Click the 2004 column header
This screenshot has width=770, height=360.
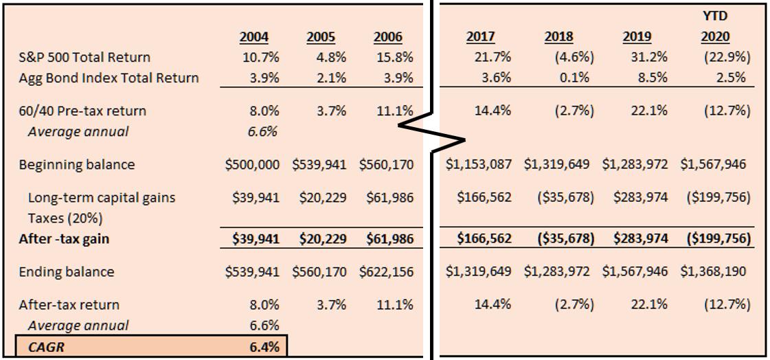pyautogui.click(x=254, y=37)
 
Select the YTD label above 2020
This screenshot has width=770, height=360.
pyautogui.click(x=716, y=15)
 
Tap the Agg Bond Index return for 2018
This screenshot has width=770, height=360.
pyautogui.click(x=574, y=78)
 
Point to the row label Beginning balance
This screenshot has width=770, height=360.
pyautogui.click(x=77, y=165)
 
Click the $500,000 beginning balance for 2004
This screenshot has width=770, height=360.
pyautogui.click(x=252, y=165)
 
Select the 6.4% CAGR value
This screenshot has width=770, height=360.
pyautogui.click(x=264, y=347)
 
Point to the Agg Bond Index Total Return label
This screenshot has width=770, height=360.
pyautogui.click(x=109, y=78)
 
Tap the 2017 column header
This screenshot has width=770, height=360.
pyautogui.click(x=480, y=37)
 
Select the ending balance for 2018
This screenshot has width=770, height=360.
pyautogui.click(x=557, y=271)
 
